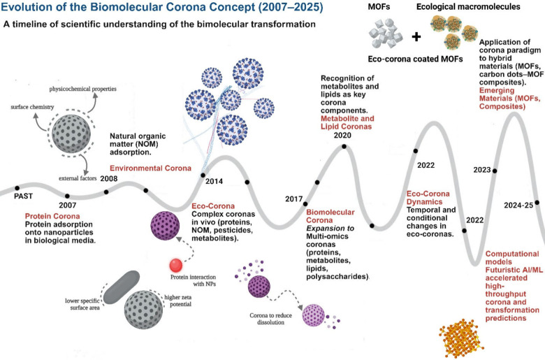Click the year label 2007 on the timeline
pyautogui.click(x=68, y=206)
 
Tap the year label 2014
pyautogui.click(x=214, y=181)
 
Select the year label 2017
pyautogui.click(x=294, y=199)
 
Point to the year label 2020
pyautogui.click(x=342, y=136)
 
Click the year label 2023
pyautogui.click(x=482, y=170)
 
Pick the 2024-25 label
pyautogui.click(x=518, y=206)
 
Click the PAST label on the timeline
pyautogui.click(x=23, y=196)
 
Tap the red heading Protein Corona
pyautogui.click(x=52, y=216)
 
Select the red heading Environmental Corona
pyautogui.click(x=150, y=168)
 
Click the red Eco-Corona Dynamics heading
pyautogui.click(x=428, y=198)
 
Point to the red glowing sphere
pyautogui.click(x=176, y=266)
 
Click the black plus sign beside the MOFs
pyautogui.click(x=416, y=36)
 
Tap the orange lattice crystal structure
pyautogui.click(x=461, y=338)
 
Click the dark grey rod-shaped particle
pyautogui.click(x=122, y=287)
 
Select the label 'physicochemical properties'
pyautogui.click(x=82, y=89)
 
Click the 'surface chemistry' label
pyautogui.click(x=32, y=107)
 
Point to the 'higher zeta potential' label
pyautogui.click(x=178, y=301)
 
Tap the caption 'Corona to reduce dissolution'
pyautogui.click(x=271, y=319)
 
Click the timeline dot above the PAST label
pyautogui.click(x=17, y=188)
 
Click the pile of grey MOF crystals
pyautogui.click(x=386, y=34)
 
